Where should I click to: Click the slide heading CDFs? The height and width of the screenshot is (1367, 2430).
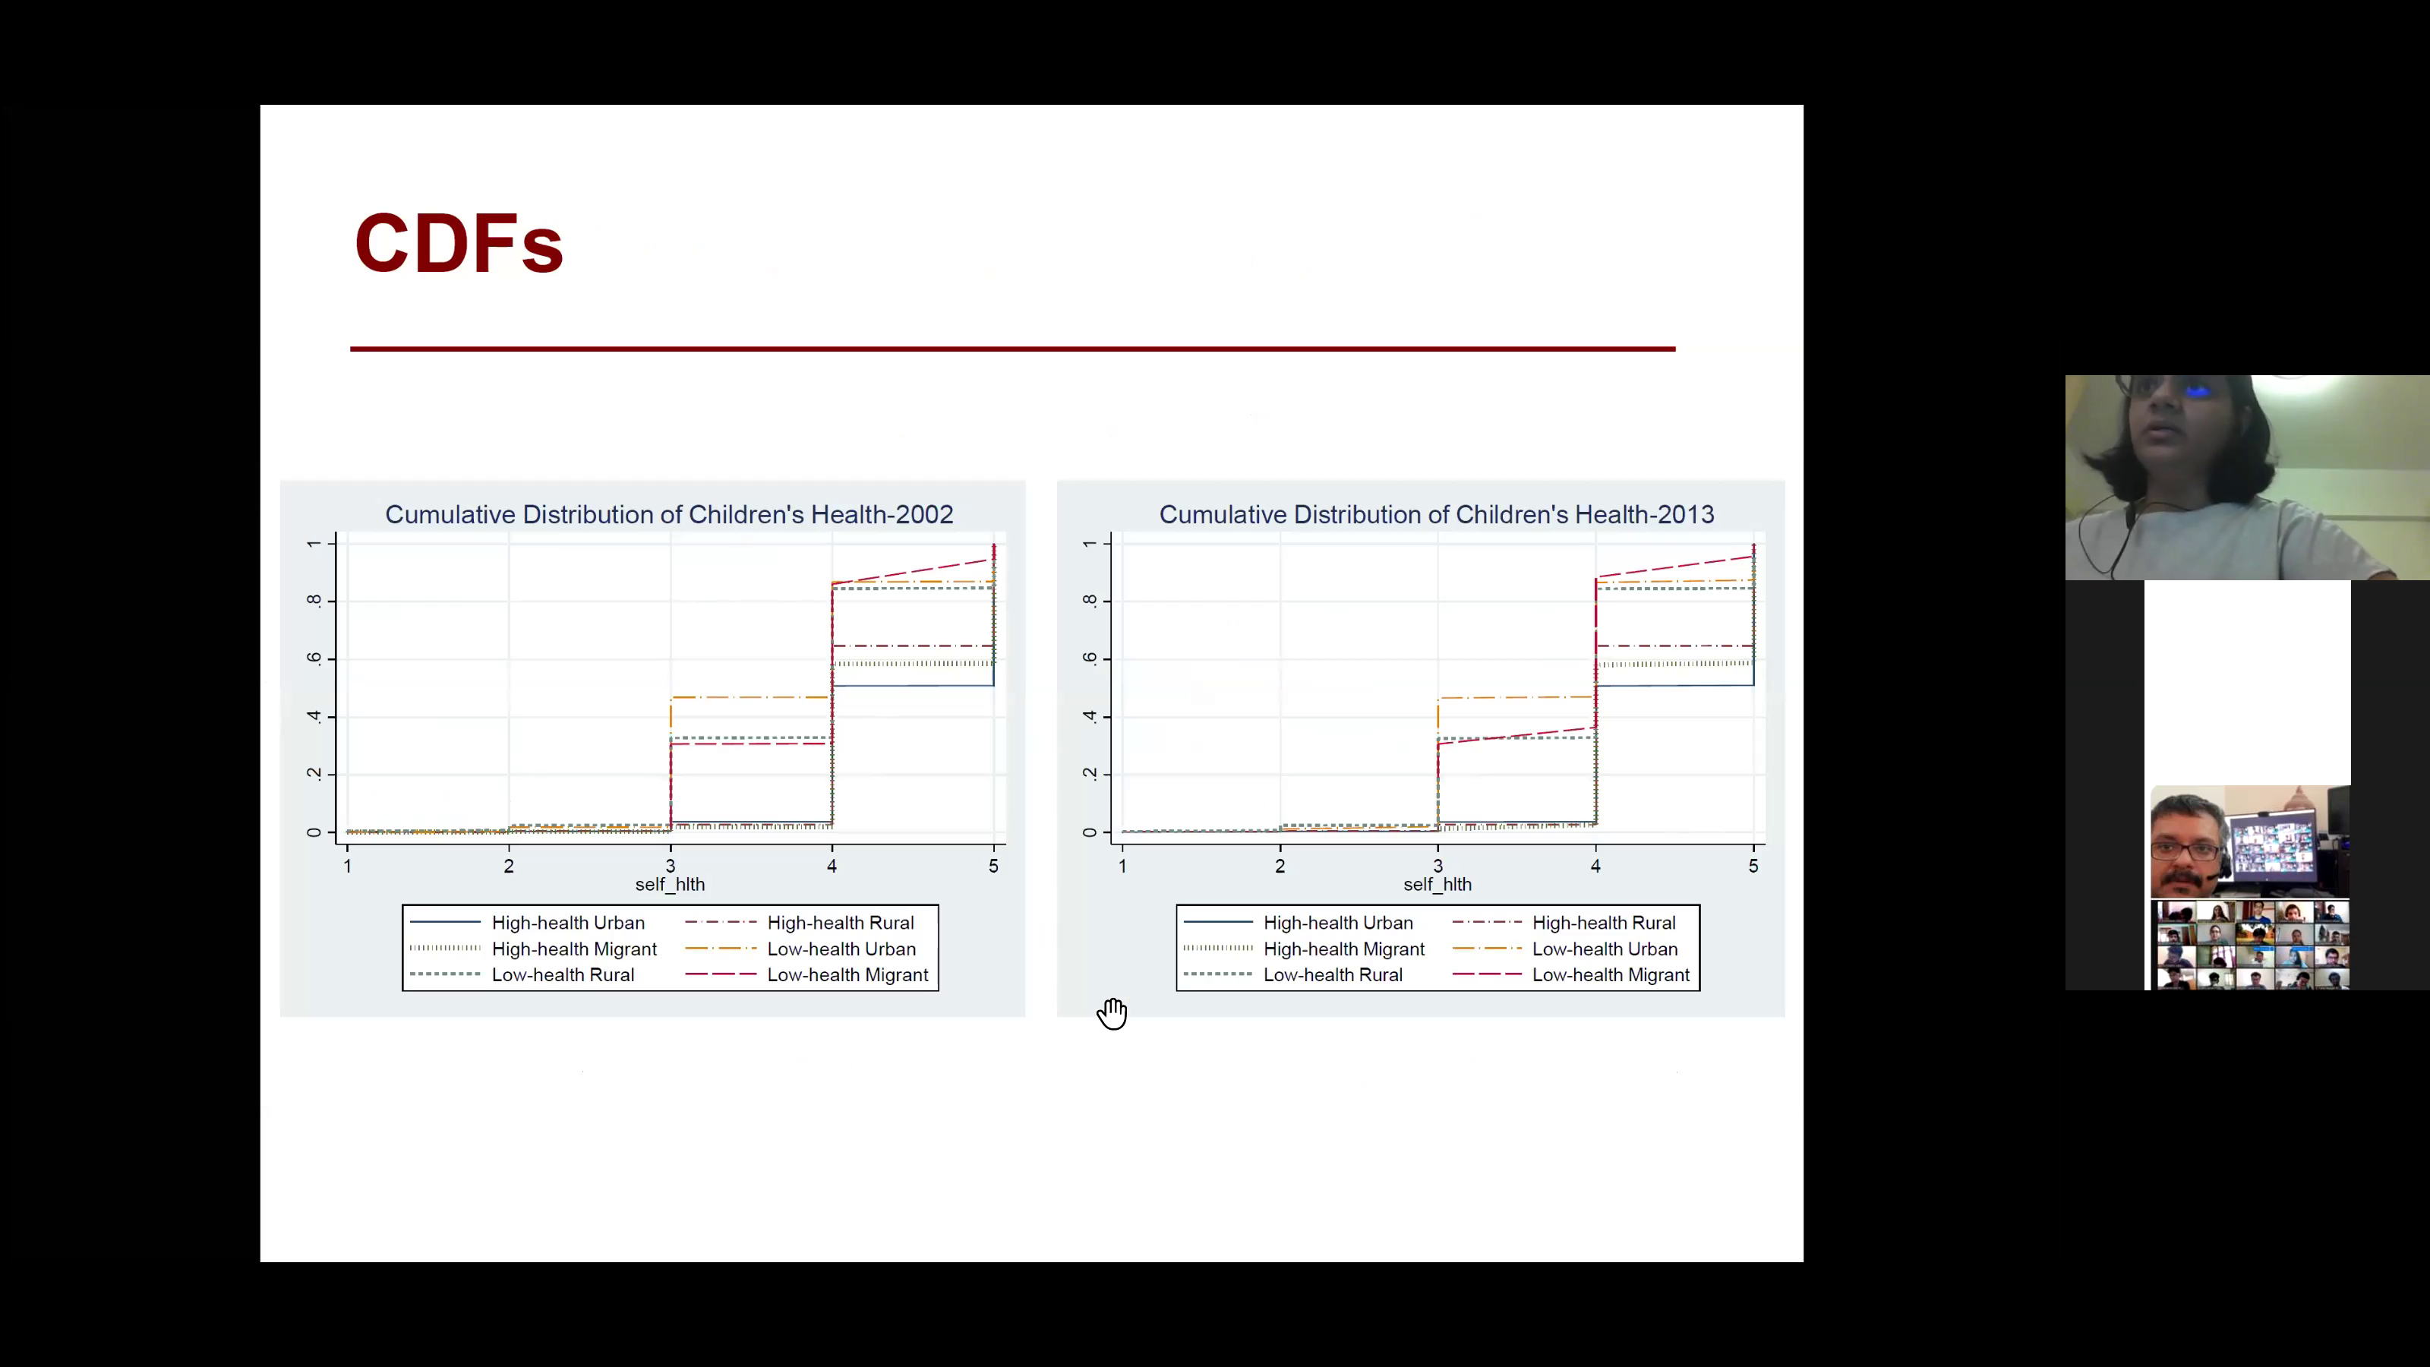tap(459, 243)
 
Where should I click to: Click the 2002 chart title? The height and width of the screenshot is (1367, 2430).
tap(669, 514)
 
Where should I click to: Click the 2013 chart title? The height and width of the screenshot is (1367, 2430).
tap(1436, 514)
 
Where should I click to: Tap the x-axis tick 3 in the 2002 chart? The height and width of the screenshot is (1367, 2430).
tap(671, 866)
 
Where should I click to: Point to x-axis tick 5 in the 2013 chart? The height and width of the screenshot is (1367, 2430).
tap(1753, 866)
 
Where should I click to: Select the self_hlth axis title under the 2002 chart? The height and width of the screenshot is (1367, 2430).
tap(670, 884)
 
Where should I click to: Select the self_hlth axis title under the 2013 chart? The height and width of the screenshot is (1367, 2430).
tap(1437, 884)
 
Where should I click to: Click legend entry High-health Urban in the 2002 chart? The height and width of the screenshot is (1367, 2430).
tap(568, 923)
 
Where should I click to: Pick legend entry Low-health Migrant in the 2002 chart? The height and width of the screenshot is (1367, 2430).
tap(847, 974)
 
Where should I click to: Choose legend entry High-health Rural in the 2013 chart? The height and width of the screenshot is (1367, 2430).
tap(1604, 923)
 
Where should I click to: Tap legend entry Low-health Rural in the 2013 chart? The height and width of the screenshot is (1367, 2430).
tap(1333, 974)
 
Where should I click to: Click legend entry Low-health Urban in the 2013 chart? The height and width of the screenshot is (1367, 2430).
tap(1605, 949)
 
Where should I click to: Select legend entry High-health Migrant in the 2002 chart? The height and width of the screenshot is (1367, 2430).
tap(573, 949)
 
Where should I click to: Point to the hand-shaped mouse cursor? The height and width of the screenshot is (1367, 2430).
tap(1112, 1013)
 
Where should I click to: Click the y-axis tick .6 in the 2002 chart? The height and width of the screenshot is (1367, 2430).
tap(313, 658)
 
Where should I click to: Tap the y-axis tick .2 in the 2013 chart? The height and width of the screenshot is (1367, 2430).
tap(1090, 774)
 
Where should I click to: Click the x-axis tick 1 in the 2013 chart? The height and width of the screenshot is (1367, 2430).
tap(1122, 866)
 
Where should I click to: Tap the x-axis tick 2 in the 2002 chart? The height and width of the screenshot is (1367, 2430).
tap(509, 866)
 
